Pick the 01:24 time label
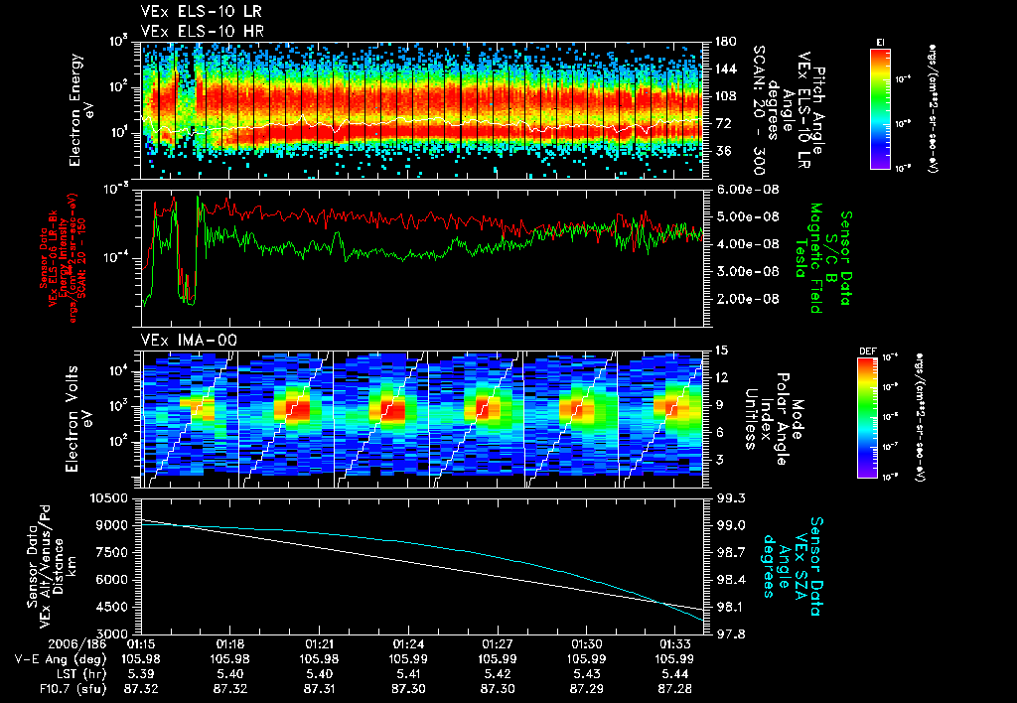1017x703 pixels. pos(408,642)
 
